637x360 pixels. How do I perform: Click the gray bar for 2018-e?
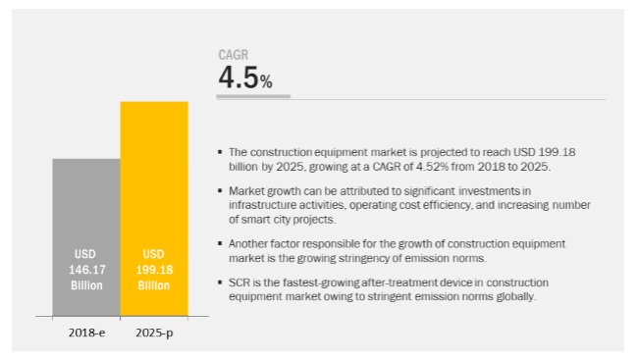pyautogui.click(x=86, y=237)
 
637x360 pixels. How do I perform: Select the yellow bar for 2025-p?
pyautogui.click(x=154, y=209)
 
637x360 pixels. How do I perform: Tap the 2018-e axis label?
pyautogui.click(x=86, y=333)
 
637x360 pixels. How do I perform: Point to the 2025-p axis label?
pyautogui.click(x=154, y=334)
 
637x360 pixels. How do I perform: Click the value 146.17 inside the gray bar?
pyautogui.click(x=86, y=270)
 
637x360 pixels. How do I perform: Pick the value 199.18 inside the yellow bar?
pyautogui.click(x=154, y=270)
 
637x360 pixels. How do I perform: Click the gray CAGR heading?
pyautogui.click(x=234, y=55)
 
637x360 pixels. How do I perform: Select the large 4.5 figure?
pyautogui.click(x=239, y=77)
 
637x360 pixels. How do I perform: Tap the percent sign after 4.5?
pyautogui.click(x=266, y=81)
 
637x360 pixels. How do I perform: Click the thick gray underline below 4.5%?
pyautogui.click(x=253, y=96)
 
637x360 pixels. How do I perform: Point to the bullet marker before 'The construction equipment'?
pyautogui.click(x=220, y=152)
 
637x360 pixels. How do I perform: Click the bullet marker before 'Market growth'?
pyautogui.click(x=220, y=190)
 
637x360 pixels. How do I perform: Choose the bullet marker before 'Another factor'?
pyautogui.click(x=220, y=243)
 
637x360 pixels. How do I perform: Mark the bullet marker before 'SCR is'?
pyautogui.click(x=220, y=283)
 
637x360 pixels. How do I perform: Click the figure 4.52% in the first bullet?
pyautogui.click(x=432, y=167)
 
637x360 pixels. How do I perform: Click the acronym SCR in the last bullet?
pyautogui.click(x=239, y=283)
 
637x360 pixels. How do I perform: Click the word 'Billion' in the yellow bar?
pyautogui.click(x=153, y=285)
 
